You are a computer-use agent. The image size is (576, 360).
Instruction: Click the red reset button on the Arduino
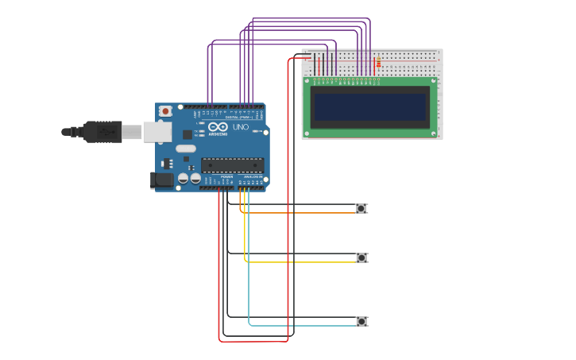click(x=165, y=111)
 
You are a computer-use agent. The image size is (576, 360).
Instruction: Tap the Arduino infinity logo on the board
click(x=218, y=127)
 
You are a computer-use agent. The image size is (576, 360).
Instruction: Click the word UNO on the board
click(x=240, y=127)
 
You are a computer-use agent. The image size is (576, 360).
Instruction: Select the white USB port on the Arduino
click(x=157, y=132)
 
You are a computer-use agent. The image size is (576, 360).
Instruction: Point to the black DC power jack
click(x=162, y=180)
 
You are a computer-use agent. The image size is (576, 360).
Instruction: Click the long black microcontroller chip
click(x=232, y=165)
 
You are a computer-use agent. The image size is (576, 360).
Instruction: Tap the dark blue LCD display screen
click(x=369, y=107)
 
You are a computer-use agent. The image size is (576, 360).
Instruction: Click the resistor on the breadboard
click(x=378, y=62)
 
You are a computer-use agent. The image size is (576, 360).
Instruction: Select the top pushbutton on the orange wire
click(x=361, y=208)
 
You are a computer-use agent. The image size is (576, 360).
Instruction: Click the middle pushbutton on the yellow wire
click(x=361, y=257)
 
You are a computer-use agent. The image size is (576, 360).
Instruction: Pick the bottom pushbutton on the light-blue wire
click(x=361, y=321)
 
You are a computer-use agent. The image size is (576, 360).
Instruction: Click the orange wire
click(x=302, y=213)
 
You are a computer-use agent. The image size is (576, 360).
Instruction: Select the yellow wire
click(x=302, y=262)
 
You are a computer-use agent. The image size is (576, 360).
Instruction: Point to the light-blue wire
click(x=302, y=326)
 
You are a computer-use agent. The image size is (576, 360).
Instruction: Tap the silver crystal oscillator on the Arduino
click(x=186, y=149)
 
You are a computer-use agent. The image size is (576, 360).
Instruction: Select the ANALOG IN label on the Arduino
click(x=253, y=177)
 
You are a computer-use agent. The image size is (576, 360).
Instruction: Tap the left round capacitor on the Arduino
click(x=184, y=179)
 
